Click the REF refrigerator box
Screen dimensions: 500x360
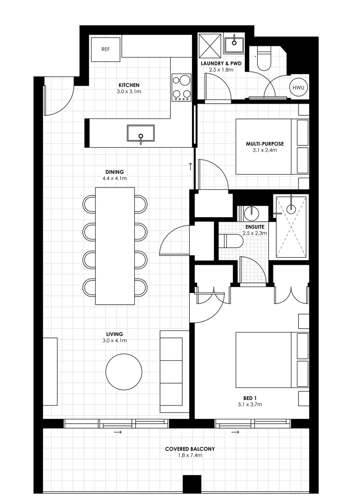105,49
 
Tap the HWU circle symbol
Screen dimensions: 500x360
297,87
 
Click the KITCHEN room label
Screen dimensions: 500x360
129,85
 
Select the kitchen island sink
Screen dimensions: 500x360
141,134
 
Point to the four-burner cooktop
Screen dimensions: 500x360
181,87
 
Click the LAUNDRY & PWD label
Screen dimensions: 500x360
221,63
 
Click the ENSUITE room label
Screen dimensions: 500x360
254,227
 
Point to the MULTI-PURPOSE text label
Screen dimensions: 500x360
265,144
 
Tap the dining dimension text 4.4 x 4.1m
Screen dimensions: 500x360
115,178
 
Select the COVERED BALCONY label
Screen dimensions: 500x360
190,449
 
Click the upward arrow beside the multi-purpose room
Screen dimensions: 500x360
190,166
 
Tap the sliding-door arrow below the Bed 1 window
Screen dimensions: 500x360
235,432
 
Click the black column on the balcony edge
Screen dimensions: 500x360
192,484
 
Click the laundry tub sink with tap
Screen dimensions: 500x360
234,44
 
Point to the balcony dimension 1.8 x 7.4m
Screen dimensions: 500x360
190,455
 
